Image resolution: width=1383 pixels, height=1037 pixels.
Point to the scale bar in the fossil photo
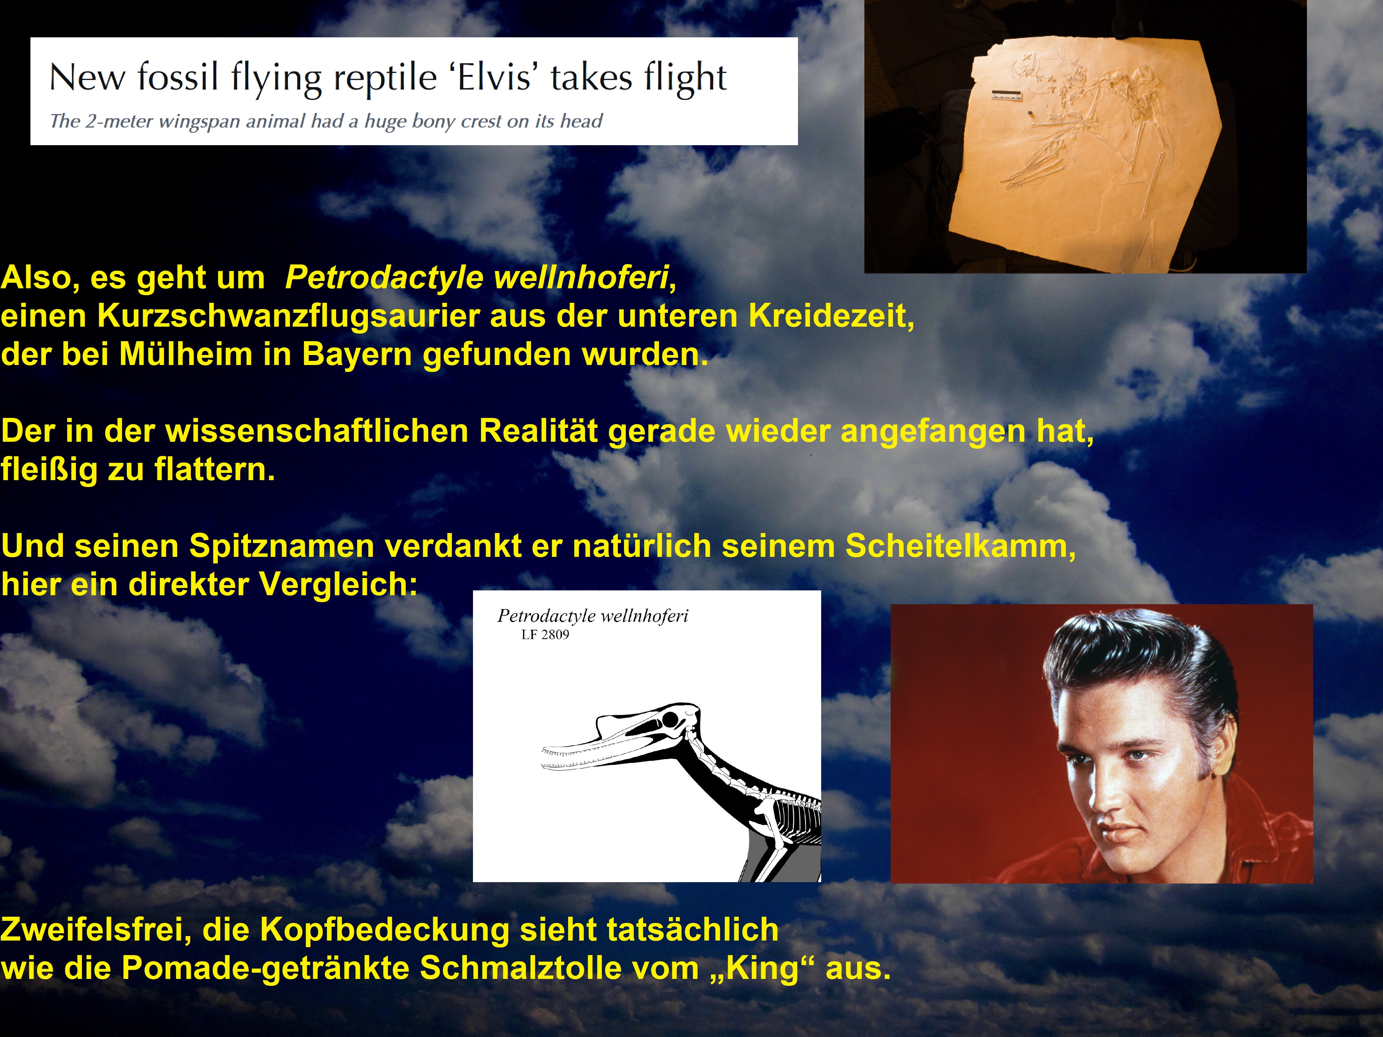coord(1006,96)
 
